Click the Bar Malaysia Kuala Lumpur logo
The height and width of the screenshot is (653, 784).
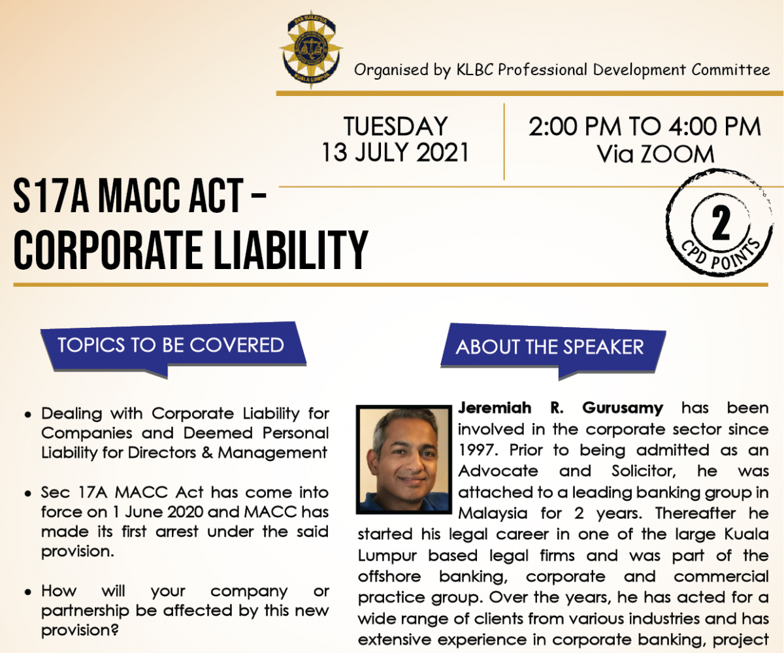(311, 50)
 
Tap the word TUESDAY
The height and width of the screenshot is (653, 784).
(395, 126)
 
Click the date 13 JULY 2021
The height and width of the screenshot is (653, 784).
(395, 152)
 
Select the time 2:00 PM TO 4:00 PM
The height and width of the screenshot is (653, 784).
(644, 127)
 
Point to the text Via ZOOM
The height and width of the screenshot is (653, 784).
(655, 154)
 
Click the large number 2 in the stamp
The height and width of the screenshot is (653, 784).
(721, 224)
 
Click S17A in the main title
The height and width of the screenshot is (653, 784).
(51, 195)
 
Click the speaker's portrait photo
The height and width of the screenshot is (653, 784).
(404, 459)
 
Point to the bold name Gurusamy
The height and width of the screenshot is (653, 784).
(623, 407)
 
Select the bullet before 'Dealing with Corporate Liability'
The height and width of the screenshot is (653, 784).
(27, 415)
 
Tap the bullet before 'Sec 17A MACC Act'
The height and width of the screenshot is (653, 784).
(27, 494)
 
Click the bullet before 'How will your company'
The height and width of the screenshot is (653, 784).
(27, 593)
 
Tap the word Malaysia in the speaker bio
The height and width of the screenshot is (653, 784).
(493, 513)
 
